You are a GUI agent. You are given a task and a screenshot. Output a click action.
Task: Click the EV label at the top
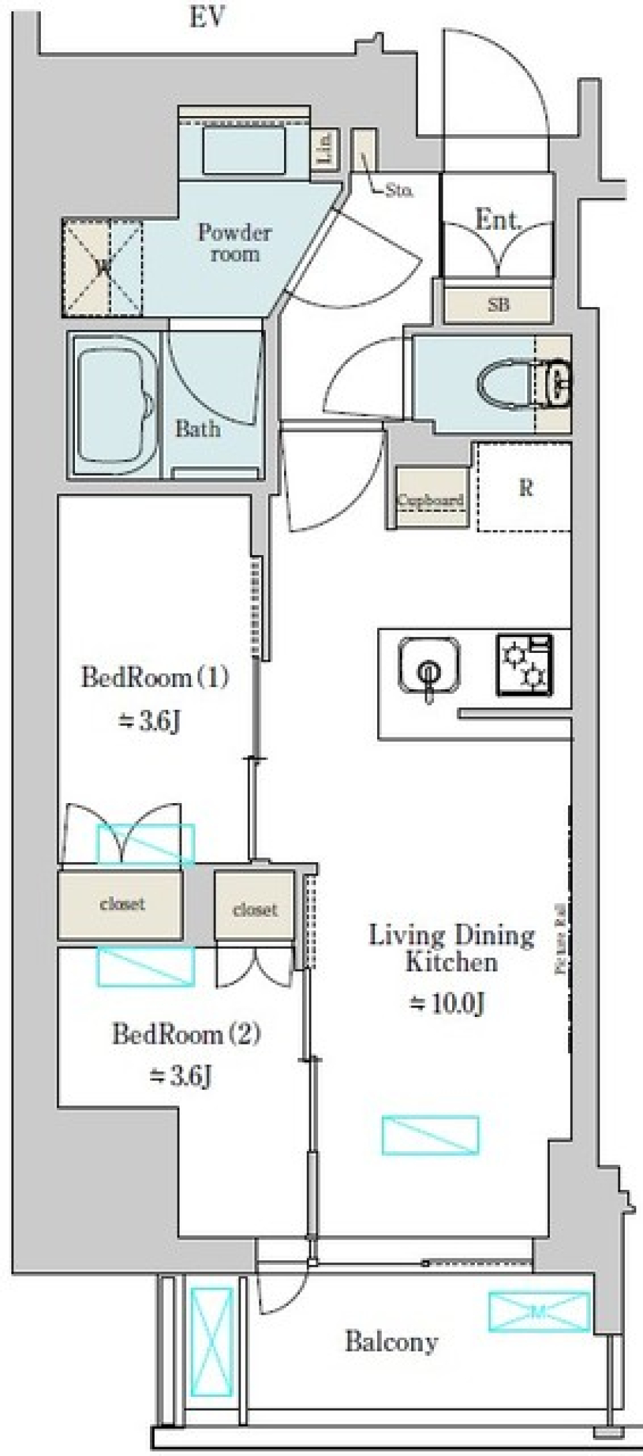pos(206,18)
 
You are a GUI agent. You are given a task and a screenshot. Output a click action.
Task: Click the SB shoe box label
pos(498,305)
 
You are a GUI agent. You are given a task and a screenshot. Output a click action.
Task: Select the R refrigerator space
pos(526,487)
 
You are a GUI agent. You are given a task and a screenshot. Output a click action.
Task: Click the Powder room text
pos(234,243)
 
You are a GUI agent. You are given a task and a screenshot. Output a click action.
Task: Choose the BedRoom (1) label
pos(155,677)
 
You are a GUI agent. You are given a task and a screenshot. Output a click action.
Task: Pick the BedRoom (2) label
pos(186,1034)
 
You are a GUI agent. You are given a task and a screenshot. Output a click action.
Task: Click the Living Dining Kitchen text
pos(452,948)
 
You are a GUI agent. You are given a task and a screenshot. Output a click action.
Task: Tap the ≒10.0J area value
pos(447,1004)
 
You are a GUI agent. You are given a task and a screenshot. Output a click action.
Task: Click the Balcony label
pos(392,1341)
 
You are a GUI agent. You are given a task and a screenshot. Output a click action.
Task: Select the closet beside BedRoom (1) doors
pos(121,904)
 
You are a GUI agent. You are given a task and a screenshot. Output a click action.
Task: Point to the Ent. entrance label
pos(498,220)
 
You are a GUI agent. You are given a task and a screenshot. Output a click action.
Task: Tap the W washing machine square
pos(102,267)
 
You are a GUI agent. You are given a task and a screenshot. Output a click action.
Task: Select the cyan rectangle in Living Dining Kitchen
pos(431,1135)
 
